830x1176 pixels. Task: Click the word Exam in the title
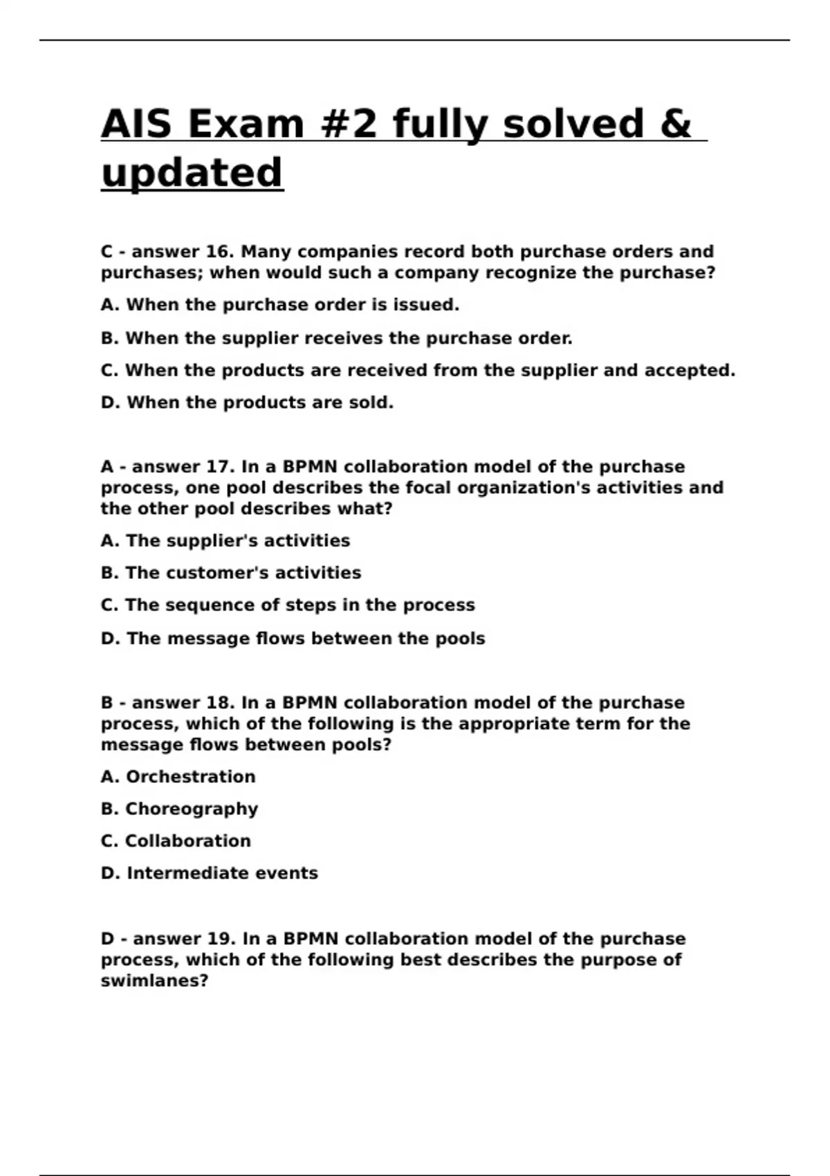point(246,125)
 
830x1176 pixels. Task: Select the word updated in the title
point(192,173)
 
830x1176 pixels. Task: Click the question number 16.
point(221,252)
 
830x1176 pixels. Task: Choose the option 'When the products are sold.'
point(247,403)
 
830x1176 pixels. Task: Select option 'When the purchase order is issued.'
point(280,305)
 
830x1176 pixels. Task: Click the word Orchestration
point(190,777)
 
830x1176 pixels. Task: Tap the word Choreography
point(192,809)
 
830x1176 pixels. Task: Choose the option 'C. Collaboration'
point(176,841)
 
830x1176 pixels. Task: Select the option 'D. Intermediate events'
point(209,873)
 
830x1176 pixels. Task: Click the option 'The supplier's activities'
point(225,541)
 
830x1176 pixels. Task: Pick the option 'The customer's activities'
point(231,573)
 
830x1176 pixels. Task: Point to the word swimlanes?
point(154,981)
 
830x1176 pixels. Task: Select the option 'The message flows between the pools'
point(293,638)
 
